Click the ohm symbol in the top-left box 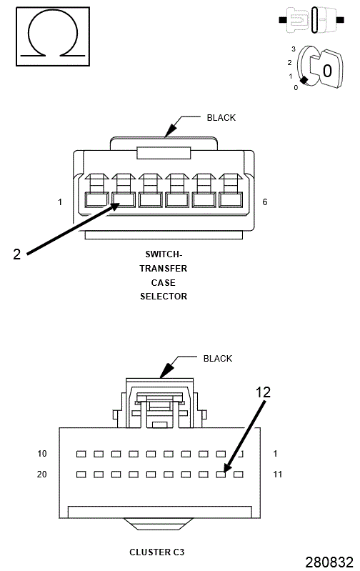[x=49, y=35]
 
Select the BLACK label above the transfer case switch [x=221, y=118]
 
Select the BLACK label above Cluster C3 [x=218, y=359]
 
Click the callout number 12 [x=264, y=392]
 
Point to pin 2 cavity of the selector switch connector [x=124, y=199]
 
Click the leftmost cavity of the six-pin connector [x=96, y=199]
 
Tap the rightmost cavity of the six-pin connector [x=231, y=199]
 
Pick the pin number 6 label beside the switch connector [x=265, y=202]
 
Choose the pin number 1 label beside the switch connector [x=60, y=202]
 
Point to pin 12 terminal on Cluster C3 [x=222, y=474]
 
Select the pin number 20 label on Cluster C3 [x=42, y=474]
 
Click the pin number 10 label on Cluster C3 [x=42, y=454]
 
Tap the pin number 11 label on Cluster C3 [x=279, y=474]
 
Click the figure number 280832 [x=329, y=562]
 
